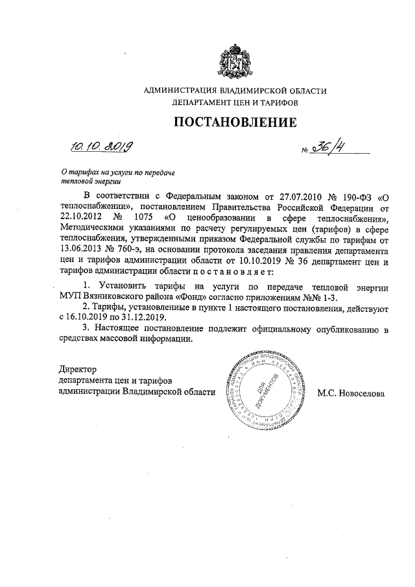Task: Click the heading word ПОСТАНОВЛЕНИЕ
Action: click(x=235, y=123)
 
